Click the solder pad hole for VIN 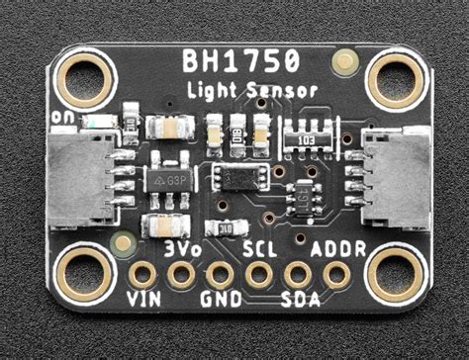pos(143,273)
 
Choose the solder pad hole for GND pos(220,274)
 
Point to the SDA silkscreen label pos(299,298)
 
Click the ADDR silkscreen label pos(337,248)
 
